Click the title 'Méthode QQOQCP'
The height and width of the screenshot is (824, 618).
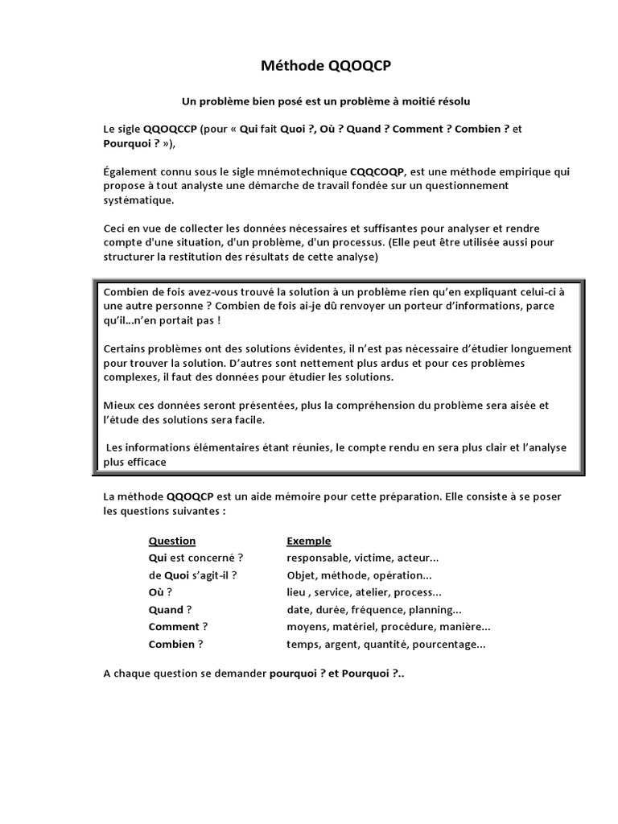(x=326, y=67)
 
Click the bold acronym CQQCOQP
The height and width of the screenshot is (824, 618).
(x=377, y=171)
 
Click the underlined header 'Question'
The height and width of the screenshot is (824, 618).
(x=172, y=541)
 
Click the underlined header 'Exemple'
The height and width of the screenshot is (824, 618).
(x=309, y=541)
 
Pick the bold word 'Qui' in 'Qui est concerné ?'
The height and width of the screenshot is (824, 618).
(x=157, y=558)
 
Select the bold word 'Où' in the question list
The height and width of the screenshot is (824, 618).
(x=156, y=592)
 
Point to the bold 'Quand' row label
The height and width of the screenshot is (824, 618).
(x=166, y=610)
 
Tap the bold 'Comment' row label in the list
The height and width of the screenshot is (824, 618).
(x=173, y=627)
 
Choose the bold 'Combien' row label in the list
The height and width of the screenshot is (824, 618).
(x=171, y=644)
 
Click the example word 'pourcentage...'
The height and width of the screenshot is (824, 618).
(x=450, y=644)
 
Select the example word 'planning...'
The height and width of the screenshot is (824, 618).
(x=435, y=610)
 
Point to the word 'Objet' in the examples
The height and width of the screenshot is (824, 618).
(x=302, y=575)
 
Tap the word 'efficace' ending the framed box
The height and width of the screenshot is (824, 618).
(x=146, y=462)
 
